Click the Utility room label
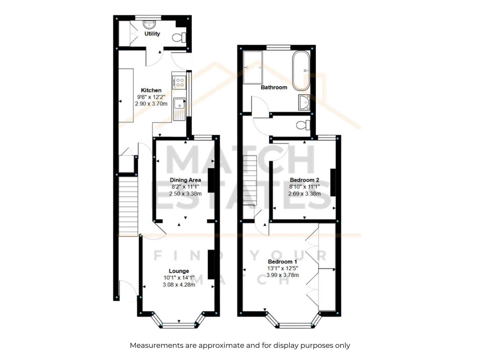[x=152, y=34]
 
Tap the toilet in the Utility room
[x=179, y=37]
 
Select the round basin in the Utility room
[x=149, y=25]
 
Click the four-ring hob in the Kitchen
[x=179, y=82]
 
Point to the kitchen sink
[x=179, y=109]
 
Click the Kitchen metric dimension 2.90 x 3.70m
[x=151, y=103]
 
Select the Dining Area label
[x=185, y=180]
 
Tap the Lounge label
[x=179, y=271]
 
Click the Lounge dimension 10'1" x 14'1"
[x=179, y=278]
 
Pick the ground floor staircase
[x=128, y=206]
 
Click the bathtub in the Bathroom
[x=301, y=70]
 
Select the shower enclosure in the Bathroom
[x=253, y=67]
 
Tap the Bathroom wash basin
[x=304, y=102]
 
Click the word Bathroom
[x=274, y=87]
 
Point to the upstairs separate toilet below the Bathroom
[x=303, y=125]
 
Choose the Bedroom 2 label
[x=304, y=180]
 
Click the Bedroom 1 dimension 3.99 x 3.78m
[x=283, y=275]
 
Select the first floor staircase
[x=250, y=180]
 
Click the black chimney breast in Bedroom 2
[x=333, y=182]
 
